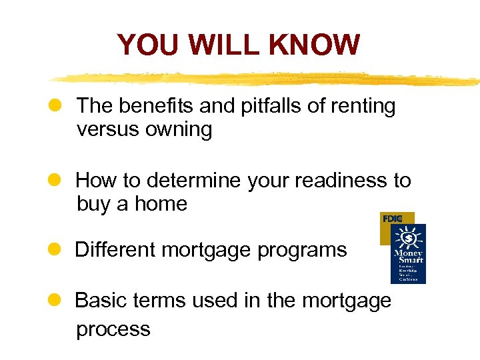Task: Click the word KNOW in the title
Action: [315, 45]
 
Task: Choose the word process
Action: [113, 330]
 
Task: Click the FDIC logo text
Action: [393, 218]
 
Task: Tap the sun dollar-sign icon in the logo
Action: [409, 237]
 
